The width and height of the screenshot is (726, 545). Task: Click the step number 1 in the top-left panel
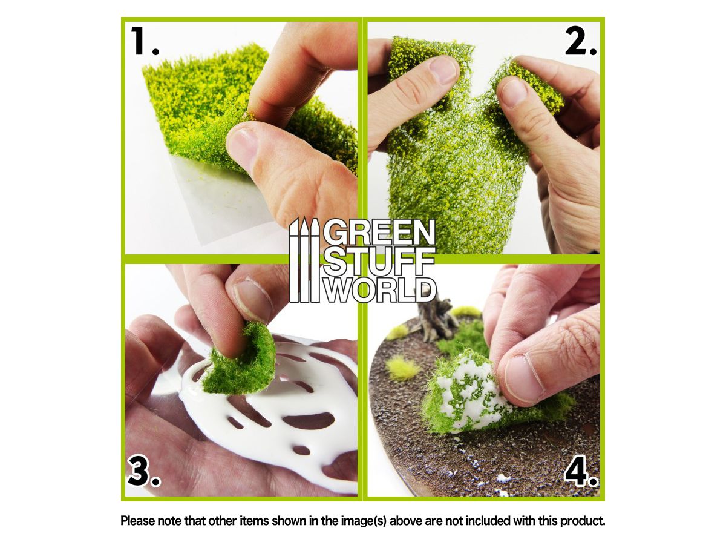point(144,41)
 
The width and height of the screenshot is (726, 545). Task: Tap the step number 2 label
point(580,41)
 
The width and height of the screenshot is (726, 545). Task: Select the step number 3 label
point(144,471)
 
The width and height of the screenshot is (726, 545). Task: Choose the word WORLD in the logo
point(380,289)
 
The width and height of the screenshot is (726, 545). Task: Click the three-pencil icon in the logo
point(304,260)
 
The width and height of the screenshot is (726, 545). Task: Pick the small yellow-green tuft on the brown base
point(401,368)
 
